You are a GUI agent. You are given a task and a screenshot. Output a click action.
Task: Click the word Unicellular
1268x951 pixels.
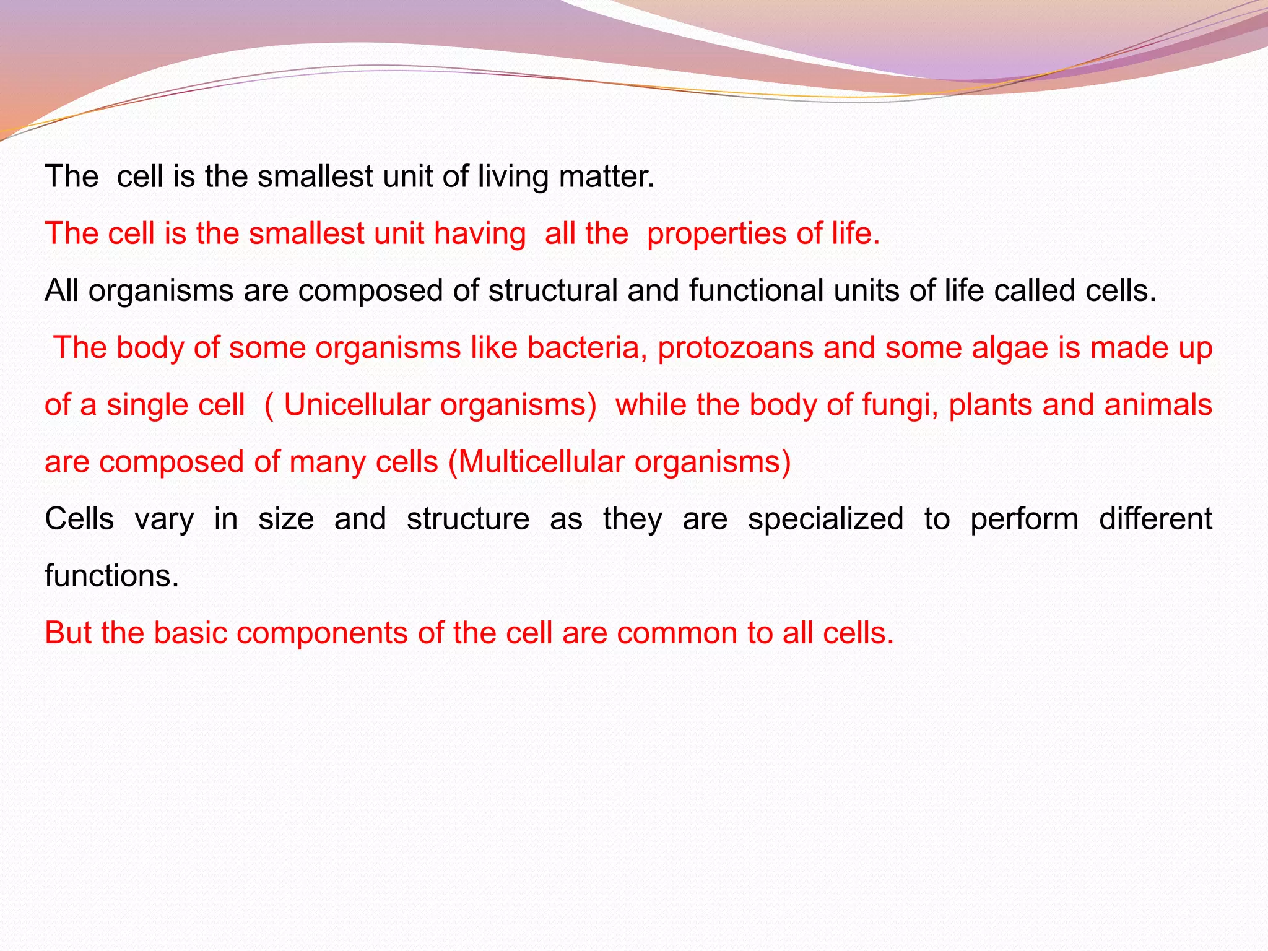(357, 405)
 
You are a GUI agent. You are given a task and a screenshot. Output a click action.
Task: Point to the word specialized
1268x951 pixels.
(825, 519)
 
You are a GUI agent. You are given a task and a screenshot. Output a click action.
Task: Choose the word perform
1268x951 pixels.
(1024, 519)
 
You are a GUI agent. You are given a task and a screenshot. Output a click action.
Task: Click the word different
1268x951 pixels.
(1155, 518)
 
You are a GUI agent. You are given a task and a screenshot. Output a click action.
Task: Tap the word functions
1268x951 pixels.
(111, 576)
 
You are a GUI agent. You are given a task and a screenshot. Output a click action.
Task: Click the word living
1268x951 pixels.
(513, 177)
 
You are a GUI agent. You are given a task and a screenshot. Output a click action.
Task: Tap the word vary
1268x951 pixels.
(164, 519)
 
